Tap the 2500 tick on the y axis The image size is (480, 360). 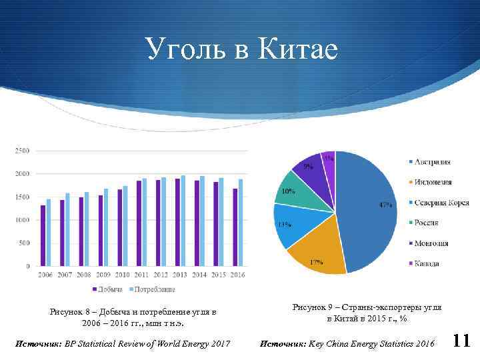click(x=22, y=151)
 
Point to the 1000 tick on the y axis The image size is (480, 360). click(x=22, y=220)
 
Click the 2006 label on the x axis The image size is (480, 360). click(x=46, y=275)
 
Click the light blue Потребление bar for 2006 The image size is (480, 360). click(x=49, y=232)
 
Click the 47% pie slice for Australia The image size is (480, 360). click(x=367, y=207)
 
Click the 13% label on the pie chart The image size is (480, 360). click(x=285, y=225)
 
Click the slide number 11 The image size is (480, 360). click(x=461, y=341)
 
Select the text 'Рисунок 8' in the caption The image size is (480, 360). click(x=67, y=311)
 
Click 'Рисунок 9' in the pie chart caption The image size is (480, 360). click(x=309, y=307)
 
